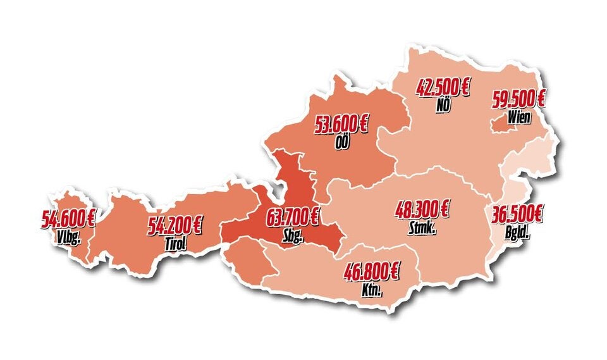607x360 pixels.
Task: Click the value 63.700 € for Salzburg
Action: (x=293, y=219)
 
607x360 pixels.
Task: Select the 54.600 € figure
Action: (x=68, y=219)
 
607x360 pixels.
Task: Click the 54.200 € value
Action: (x=175, y=225)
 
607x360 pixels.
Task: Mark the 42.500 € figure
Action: (x=443, y=88)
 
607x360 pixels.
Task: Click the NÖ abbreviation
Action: (x=443, y=105)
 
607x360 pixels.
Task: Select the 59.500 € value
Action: (x=519, y=100)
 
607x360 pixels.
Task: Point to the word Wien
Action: (x=519, y=117)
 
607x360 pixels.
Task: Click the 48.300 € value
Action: (x=422, y=209)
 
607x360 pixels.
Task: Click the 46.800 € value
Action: (x=372, y=273)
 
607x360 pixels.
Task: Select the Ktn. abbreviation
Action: (x=372, y=291)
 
